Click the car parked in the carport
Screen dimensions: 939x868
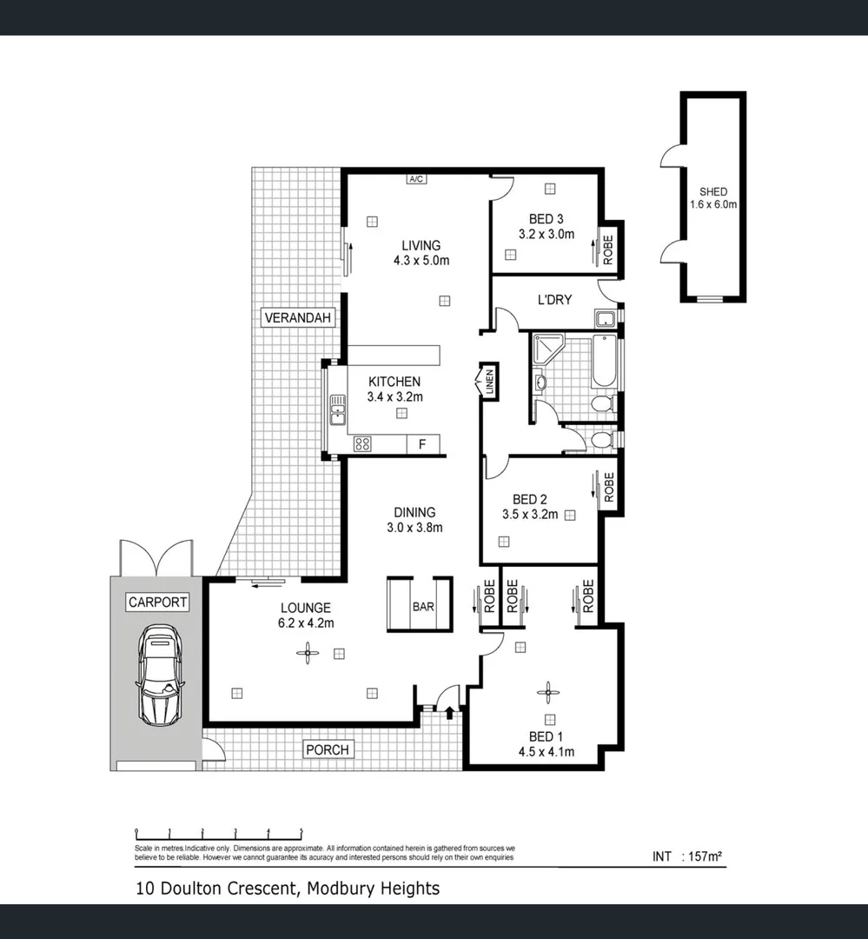[159, 675]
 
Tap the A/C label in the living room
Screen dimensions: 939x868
[415, 179]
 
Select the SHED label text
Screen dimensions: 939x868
[712, 192]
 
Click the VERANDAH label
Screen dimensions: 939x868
[298, 318]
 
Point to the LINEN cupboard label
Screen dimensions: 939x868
[489, 383]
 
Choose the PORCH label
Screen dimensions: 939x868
[328, 749]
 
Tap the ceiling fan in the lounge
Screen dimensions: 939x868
[306, 654]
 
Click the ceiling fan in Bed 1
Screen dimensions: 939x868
[547, 692]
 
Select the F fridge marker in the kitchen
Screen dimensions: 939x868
[423, 444]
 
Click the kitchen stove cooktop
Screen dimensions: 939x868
[362, 444]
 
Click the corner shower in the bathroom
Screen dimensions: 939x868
[546, 349]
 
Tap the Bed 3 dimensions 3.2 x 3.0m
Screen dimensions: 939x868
[546, 234]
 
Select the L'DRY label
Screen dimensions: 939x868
[554, 300]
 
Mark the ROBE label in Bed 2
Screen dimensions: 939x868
[608, 487]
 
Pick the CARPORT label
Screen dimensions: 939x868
[157, 602]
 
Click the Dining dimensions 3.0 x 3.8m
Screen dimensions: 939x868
[414, 527]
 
